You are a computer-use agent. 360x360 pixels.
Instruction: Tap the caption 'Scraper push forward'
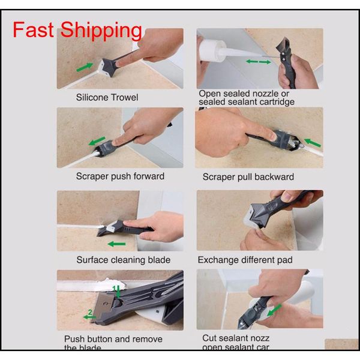coord(120,176)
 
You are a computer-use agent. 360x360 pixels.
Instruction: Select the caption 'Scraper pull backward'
coord(248,176)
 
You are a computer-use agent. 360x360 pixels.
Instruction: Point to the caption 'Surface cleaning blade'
coord(123,260)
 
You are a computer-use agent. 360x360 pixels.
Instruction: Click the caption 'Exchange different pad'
coord(245,260)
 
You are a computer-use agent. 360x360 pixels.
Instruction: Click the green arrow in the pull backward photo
coord(309,142)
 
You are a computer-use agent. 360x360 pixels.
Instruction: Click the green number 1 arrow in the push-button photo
coord(119,293)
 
